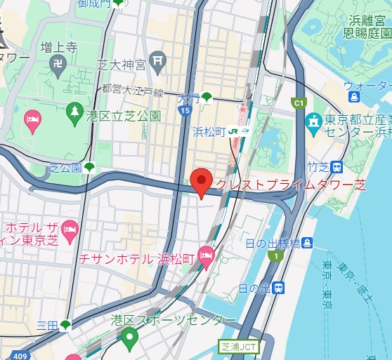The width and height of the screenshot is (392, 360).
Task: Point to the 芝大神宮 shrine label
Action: coord(121,65)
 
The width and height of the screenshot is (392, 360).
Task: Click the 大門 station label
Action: coord(188,98)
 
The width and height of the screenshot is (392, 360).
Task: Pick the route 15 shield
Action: coord(184,111)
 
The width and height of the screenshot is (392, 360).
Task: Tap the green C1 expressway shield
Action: coord(299,104)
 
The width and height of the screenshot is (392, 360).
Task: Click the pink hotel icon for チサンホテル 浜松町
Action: coord(207,258)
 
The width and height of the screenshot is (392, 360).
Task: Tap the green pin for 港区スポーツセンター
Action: coord(129,339)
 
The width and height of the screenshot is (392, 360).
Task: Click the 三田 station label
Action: coord(48,324)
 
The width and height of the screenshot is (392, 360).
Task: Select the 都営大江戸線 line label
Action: coord(132,91)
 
